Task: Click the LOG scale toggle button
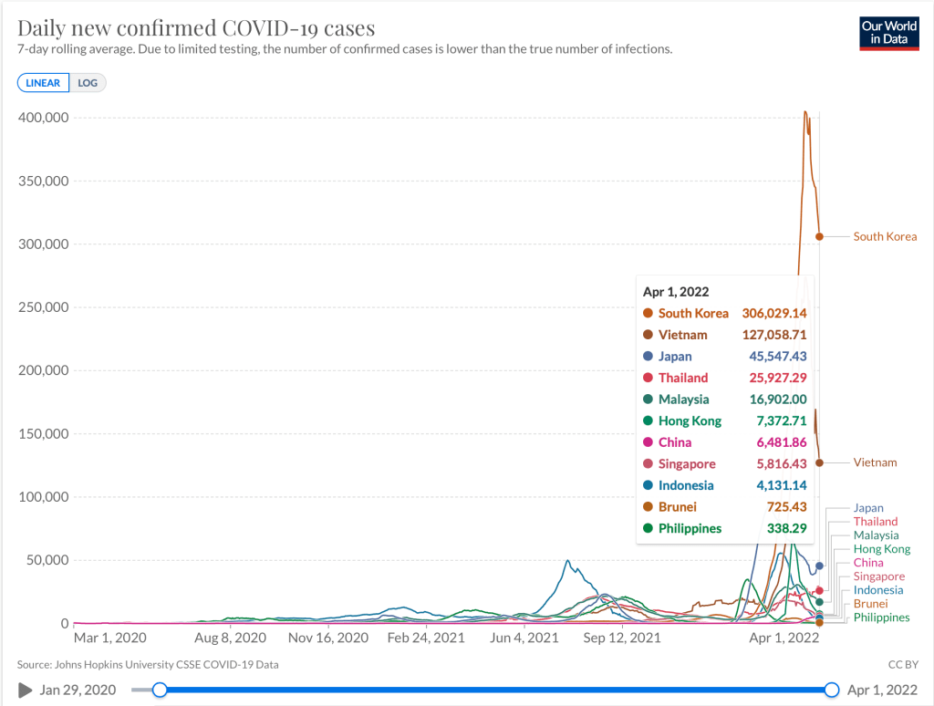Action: click(x=88, y=83)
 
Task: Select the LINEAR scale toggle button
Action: click(x=43, y=83)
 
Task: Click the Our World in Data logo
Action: click(x=888, y=33)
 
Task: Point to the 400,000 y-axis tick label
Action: click(x=43, y=118)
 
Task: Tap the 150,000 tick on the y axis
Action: click(x=43, y=434)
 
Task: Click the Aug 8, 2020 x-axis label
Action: click(x=231, y=638)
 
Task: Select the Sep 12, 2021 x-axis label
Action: click(x=621, y=638)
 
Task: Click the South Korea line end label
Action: click(x=885, y=237)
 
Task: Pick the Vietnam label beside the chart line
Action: click(x=875, y=462)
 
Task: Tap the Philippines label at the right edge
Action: click(x=881, y=618)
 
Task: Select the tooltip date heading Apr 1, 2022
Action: click(x=675, y=292)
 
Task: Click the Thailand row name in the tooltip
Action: click(x=683, y=378)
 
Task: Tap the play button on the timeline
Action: click(x=25, y=690)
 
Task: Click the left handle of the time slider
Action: click(x=160, y=690)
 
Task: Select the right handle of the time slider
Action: click(x=832, y=690)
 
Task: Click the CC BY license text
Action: click(x=901, y=665)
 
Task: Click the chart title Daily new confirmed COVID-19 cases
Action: click(x=195, y=28)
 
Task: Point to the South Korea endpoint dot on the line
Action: click(x=819, y=237)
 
